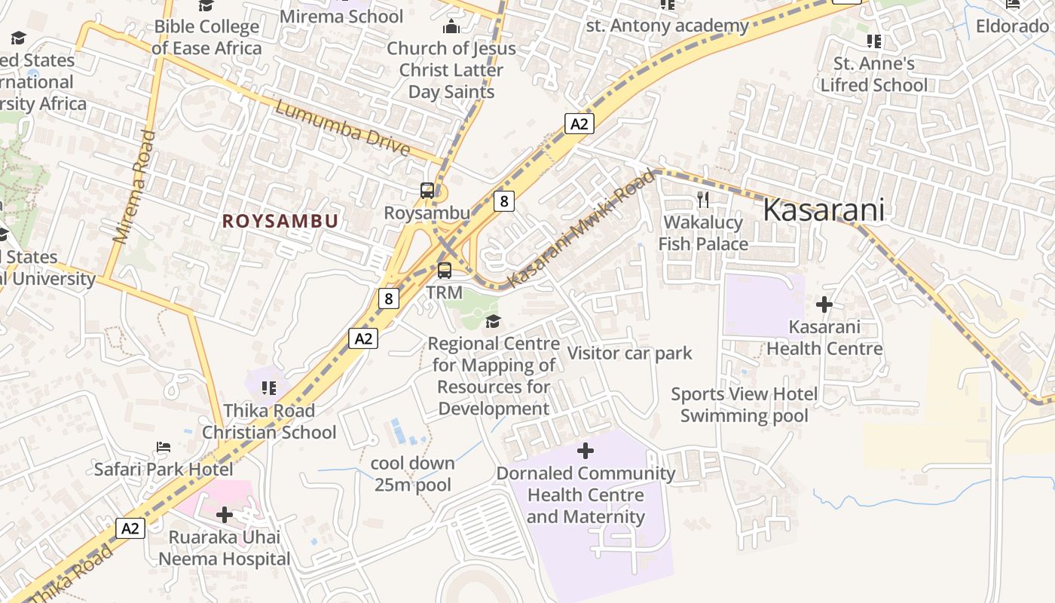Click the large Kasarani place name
[x=823, y=210]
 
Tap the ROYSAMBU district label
[x=280, y=221]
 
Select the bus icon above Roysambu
[x=427, y=191]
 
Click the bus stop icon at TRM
[x=445, y=270]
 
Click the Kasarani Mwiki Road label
[x=581, y=228]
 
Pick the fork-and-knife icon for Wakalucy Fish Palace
[x=703, y=199]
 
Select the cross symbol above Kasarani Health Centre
[x=824, y=305]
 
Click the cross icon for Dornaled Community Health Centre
[x=585, y=451]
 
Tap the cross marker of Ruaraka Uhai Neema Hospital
[x=224, y=515]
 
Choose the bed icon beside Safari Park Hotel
[x=164, y=447]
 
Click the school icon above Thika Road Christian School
[x=268, y=388]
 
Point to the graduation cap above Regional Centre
[x=493, y=322]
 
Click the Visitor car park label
[x=629, y=353]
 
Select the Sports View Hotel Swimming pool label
[x=744, y=405]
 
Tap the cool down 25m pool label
[x=413, y=473]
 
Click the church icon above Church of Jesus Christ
[x=451, y=27]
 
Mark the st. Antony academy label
[x=667, y=26]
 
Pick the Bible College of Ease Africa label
[x=206, y=37]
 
